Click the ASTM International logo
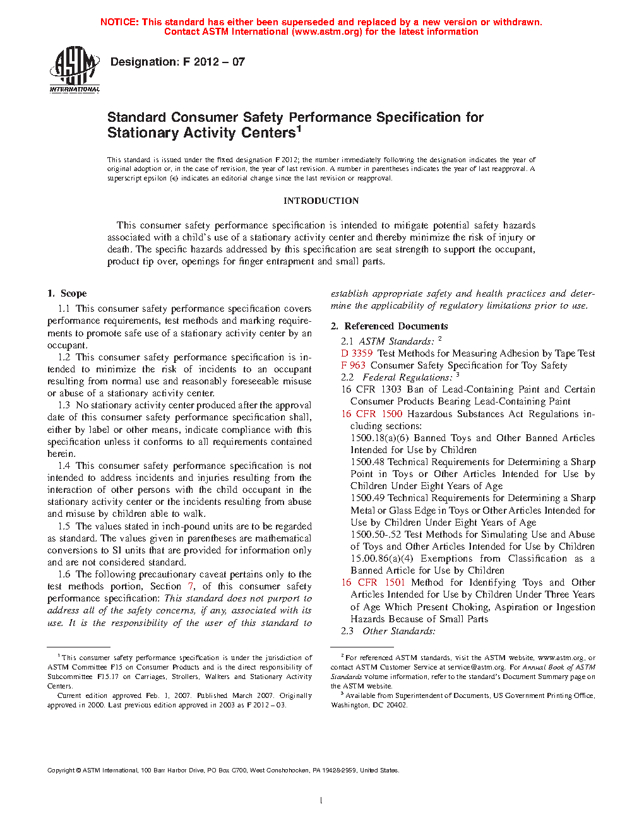(x=75, y=69)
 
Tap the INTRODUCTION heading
(x=321, y=201)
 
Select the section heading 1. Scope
(x=67, y=293)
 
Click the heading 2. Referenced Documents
(x=390, y=326)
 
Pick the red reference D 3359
(x=357, y=353)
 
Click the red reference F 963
(x=353, y=365)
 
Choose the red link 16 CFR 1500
(x=371, y=414)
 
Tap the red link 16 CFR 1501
(x=373, y=582)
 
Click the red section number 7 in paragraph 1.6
(x=191, y=586)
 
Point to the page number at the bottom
(x=321, y=801)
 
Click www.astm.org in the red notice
(x=327, y=32)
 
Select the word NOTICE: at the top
(x=119, y=22)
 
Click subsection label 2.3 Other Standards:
(x=388, y=631)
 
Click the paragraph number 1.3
(x=64, y=405)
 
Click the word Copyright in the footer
(x=61, y=770)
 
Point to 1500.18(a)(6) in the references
(x=379, y=438)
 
